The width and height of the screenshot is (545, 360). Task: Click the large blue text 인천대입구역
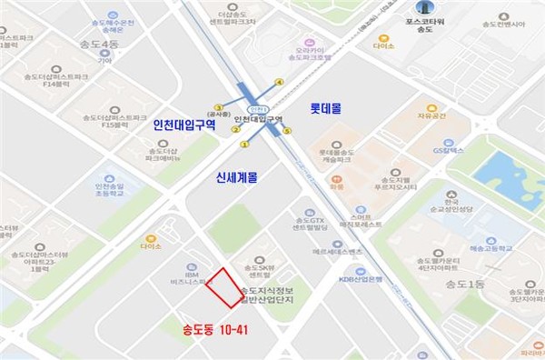[184, 125]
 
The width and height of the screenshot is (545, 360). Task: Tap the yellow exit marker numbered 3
[218, 108]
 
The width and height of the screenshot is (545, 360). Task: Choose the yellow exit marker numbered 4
[279, 83]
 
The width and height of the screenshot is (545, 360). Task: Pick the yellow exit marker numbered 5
[288, 131]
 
